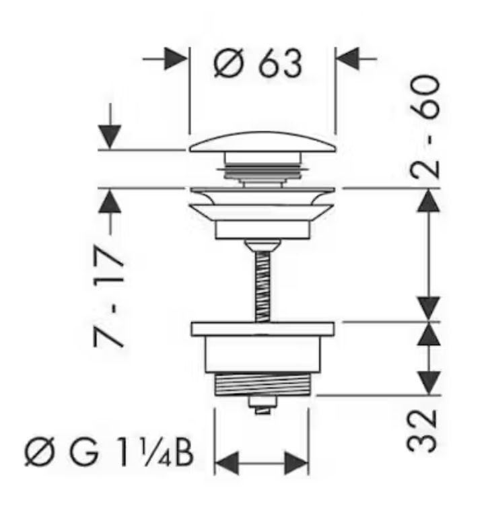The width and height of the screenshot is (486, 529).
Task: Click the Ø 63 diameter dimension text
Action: click(258, 63)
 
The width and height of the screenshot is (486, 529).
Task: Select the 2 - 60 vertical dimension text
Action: click(425, 127)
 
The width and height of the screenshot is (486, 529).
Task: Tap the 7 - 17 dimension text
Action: click(108, 296)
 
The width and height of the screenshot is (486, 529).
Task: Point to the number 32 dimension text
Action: click(422, 431)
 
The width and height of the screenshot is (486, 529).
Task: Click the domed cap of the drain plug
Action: click(263, 142)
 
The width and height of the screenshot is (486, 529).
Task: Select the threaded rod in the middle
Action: click(263, 286)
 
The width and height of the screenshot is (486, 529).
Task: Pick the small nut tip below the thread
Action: click(263, 405)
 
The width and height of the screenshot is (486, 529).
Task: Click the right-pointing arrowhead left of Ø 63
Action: click(176, 59)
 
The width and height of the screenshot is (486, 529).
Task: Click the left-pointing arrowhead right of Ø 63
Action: click(348, 59)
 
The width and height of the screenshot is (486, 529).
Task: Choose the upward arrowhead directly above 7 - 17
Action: click(110, 201)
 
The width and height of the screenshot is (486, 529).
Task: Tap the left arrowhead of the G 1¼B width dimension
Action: click(227, 464)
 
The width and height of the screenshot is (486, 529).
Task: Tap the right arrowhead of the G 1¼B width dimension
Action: click(296, 464)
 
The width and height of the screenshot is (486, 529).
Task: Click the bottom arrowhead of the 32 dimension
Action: click(429, 382)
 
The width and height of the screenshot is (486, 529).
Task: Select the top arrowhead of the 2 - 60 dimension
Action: click(429, 201)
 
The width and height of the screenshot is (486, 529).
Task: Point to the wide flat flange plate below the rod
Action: click(263, 329)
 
